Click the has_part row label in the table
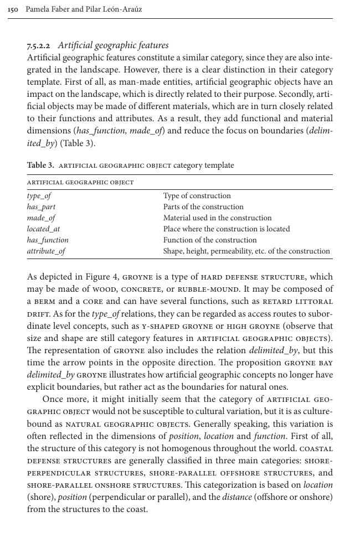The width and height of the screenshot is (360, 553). tap(41, 207)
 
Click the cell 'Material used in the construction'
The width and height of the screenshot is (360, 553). tap(217, 218)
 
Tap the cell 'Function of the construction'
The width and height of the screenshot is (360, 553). tap(209, 240)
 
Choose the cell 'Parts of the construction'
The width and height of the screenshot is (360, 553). tap(203, 207)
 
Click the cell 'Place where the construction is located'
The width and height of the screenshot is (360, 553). tap(226, 229)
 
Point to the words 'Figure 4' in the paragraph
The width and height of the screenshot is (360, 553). tap(102, 277)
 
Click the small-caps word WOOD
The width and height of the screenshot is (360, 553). tap(105, 290)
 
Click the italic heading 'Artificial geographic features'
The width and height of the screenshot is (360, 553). tap(113, 45)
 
